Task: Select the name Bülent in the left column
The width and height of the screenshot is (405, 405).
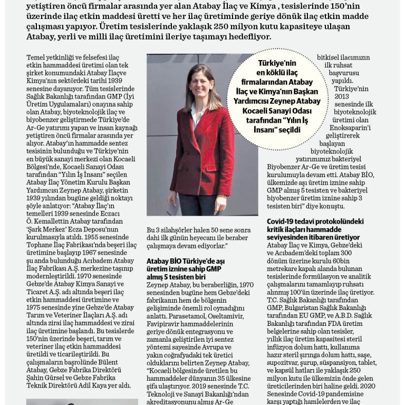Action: [x=113, y=363]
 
